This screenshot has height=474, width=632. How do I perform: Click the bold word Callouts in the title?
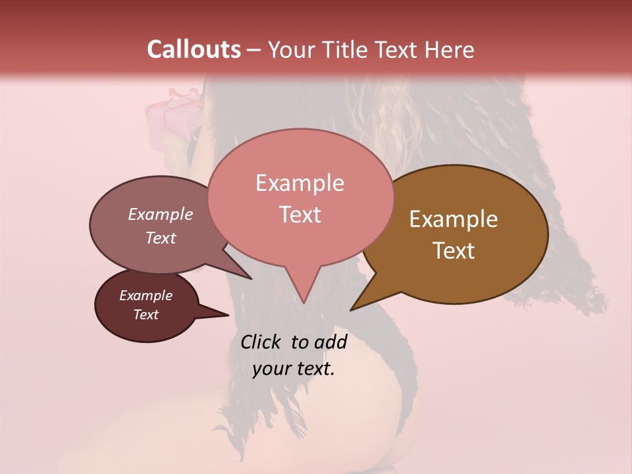[194, 49]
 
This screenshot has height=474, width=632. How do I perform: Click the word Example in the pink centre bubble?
[300, 183]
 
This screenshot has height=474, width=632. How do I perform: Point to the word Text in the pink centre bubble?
[300, 215]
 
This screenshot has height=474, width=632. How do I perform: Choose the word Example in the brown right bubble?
[454, 219]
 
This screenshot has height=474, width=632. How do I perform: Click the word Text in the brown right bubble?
[454, 251]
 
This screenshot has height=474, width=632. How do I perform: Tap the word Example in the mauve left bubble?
[160, 214]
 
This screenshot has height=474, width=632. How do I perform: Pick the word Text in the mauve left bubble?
[160, 238]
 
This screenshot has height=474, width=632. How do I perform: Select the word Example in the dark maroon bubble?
[145, 296]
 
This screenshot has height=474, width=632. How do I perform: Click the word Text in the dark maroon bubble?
[145, 315]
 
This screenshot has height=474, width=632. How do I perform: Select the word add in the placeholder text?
[330, 342]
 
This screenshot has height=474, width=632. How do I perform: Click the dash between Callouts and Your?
[254, 49]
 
